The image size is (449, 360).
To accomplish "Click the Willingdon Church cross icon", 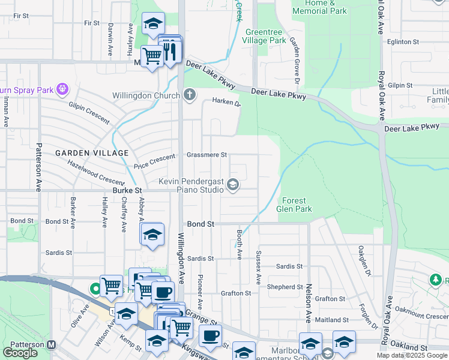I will [190, 95].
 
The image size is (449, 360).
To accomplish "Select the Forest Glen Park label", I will [294, 205].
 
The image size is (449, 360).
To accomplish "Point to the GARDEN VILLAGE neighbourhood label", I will [84, 153].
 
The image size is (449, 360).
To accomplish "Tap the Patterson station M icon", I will [51, 345].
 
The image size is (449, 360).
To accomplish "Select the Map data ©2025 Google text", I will [412, 355].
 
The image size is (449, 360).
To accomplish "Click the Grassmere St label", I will [206, 154].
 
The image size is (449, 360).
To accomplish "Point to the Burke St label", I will [127, 191].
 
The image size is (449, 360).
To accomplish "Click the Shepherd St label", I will [285, 287].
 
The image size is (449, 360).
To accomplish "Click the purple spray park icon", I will [62, 91].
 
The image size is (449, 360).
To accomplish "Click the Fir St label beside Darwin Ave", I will [92, 23].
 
